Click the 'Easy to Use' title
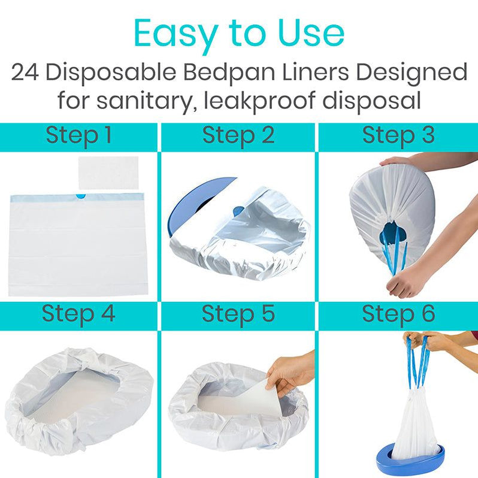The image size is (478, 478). [239, 34]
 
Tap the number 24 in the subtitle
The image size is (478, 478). [25, 73]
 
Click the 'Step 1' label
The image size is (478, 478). [78, 135]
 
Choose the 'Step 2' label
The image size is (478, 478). [238, 135]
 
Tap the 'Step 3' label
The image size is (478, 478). [398, 135]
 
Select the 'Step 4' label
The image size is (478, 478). [78, 314]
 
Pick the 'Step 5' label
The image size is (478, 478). [238, 314]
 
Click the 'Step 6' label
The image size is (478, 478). [398, 314]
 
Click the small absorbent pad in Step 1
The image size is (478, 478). [108, 173]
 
